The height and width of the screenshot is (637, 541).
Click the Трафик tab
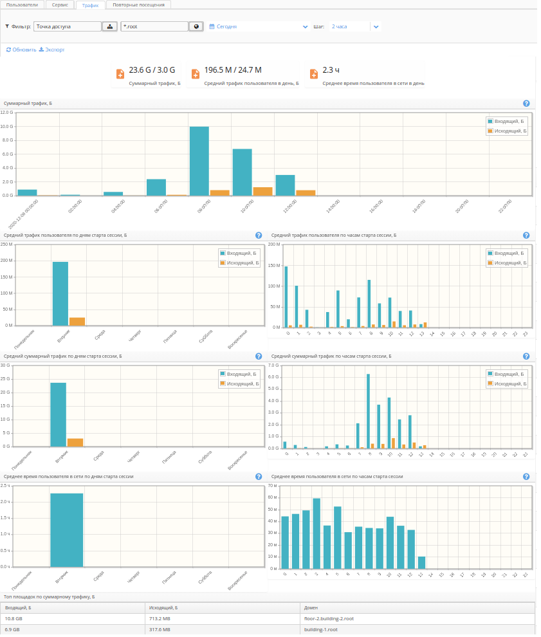[90, 5]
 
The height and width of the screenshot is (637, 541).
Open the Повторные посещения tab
[138, 5]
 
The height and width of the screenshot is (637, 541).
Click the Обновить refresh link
[21, 50]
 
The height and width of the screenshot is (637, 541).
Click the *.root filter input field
[154, 27]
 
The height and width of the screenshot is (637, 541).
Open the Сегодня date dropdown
[258, 27]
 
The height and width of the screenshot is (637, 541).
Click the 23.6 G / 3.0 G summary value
[152, 70]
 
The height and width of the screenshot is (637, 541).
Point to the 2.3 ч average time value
[331, 70]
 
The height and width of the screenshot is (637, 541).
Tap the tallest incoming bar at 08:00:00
[199, 161]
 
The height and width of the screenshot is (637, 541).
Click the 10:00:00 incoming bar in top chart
[242, 172]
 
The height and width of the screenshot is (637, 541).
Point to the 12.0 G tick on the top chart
[7, 113]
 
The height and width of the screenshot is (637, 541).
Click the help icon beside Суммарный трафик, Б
[526, 104]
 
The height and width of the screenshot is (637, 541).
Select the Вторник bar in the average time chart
[67, 530]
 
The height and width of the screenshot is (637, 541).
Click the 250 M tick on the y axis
[6, 245]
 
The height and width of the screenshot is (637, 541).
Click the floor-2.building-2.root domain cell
[329, 618]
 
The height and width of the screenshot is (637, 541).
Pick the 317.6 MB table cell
[160, 630]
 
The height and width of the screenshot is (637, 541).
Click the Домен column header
[311, 607]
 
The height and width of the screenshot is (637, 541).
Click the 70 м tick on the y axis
[271, 485]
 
